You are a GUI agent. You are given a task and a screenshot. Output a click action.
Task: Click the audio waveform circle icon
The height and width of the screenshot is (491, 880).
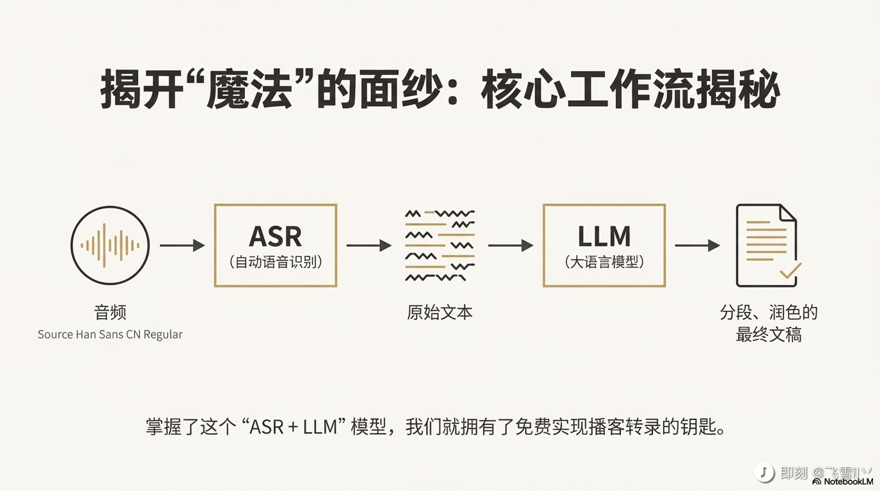[110, 245]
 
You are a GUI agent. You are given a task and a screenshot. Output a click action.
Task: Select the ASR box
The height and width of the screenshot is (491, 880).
[275, 245]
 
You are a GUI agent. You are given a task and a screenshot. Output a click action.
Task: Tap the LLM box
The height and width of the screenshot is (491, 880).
[604, 245]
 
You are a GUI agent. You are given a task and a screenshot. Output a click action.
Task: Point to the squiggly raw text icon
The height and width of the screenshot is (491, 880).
[440, 245]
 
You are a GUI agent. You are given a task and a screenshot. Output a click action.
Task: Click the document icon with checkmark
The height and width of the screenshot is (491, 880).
[766, 245]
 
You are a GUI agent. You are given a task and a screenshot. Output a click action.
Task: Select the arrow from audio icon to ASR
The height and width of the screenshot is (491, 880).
[182, 245]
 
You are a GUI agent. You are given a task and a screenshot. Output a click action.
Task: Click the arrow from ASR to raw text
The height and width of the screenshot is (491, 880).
[368, 245]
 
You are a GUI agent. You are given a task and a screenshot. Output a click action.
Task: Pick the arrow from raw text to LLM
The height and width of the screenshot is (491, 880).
[510, 245]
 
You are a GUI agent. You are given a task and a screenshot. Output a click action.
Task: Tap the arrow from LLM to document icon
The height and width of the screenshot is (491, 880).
[697, 245]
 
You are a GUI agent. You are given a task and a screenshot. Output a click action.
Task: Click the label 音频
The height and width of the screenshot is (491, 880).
[110, 313]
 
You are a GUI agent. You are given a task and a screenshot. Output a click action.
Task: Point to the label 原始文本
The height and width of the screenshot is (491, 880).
[440, 313]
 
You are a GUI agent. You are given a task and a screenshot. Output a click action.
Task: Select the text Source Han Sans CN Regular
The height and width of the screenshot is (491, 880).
[110, 334]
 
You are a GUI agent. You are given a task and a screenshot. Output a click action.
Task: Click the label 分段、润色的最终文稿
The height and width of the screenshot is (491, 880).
[769, 323]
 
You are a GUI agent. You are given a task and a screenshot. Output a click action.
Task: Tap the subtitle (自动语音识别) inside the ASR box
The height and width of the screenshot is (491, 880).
[275, 262]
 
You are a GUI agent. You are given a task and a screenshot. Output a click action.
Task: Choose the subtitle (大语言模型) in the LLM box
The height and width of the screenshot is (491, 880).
[604, 262]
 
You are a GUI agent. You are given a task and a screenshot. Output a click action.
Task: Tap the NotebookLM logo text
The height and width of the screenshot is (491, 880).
[848, 481]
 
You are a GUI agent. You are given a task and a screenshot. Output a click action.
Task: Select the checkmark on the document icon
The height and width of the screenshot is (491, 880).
[790, 271]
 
